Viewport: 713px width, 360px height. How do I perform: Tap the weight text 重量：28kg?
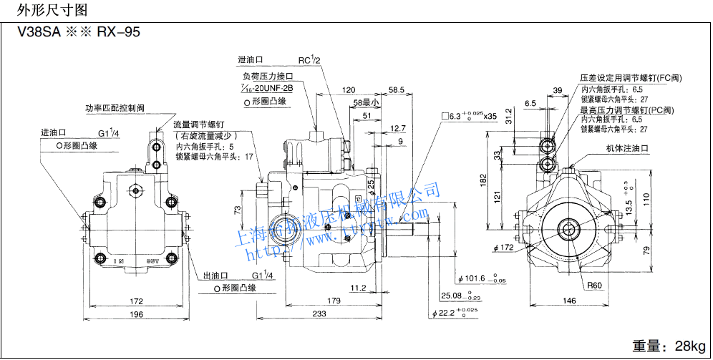669,346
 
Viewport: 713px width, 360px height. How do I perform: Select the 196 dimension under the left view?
136,316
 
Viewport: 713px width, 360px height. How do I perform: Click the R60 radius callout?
594,285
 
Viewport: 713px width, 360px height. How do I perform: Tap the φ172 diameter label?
505,248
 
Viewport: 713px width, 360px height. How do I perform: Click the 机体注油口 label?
627,148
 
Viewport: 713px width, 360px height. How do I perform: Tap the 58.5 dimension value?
397,90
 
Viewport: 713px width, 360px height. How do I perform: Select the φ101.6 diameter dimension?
475,278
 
